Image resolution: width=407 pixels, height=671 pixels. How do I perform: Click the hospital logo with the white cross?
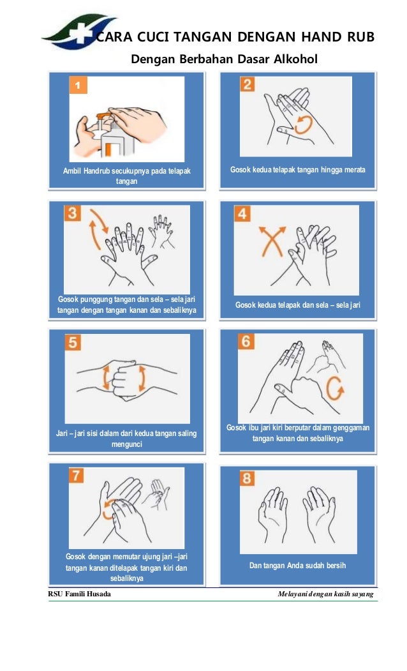[x=80, y=32]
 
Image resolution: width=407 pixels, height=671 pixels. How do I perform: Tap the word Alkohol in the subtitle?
[x=295, y=59]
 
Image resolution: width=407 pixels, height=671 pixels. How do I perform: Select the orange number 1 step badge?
[x=78, y=85]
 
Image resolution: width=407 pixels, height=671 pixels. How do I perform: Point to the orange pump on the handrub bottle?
[x=104, y=116]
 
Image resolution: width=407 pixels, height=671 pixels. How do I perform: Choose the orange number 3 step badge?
[x=72, y=213]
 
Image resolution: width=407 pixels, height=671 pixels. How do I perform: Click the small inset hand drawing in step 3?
[x=161, y=231]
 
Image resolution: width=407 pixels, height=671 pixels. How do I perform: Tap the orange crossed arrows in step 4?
[x=272, y=241]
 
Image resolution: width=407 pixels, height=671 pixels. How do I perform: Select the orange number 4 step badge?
[x=242, y=213]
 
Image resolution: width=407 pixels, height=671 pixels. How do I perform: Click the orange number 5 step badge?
[x=73, y=342]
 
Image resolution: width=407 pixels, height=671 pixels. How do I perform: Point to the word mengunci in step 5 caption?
[x=126, y=444]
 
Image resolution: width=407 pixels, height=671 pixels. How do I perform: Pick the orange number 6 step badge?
[x=246, y=341]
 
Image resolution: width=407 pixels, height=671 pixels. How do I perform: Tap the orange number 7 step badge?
[x=76, y=475]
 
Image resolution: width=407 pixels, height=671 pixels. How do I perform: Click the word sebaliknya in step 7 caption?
[x=126, y=578]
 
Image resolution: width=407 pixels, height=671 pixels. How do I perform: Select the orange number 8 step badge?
[x=247, y=478]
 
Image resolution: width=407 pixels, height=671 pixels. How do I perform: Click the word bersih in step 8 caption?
[x=336, y=565]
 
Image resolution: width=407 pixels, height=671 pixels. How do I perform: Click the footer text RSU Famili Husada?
[x=79, y=594]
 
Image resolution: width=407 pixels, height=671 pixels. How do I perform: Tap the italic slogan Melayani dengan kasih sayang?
[x=325, y=594]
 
